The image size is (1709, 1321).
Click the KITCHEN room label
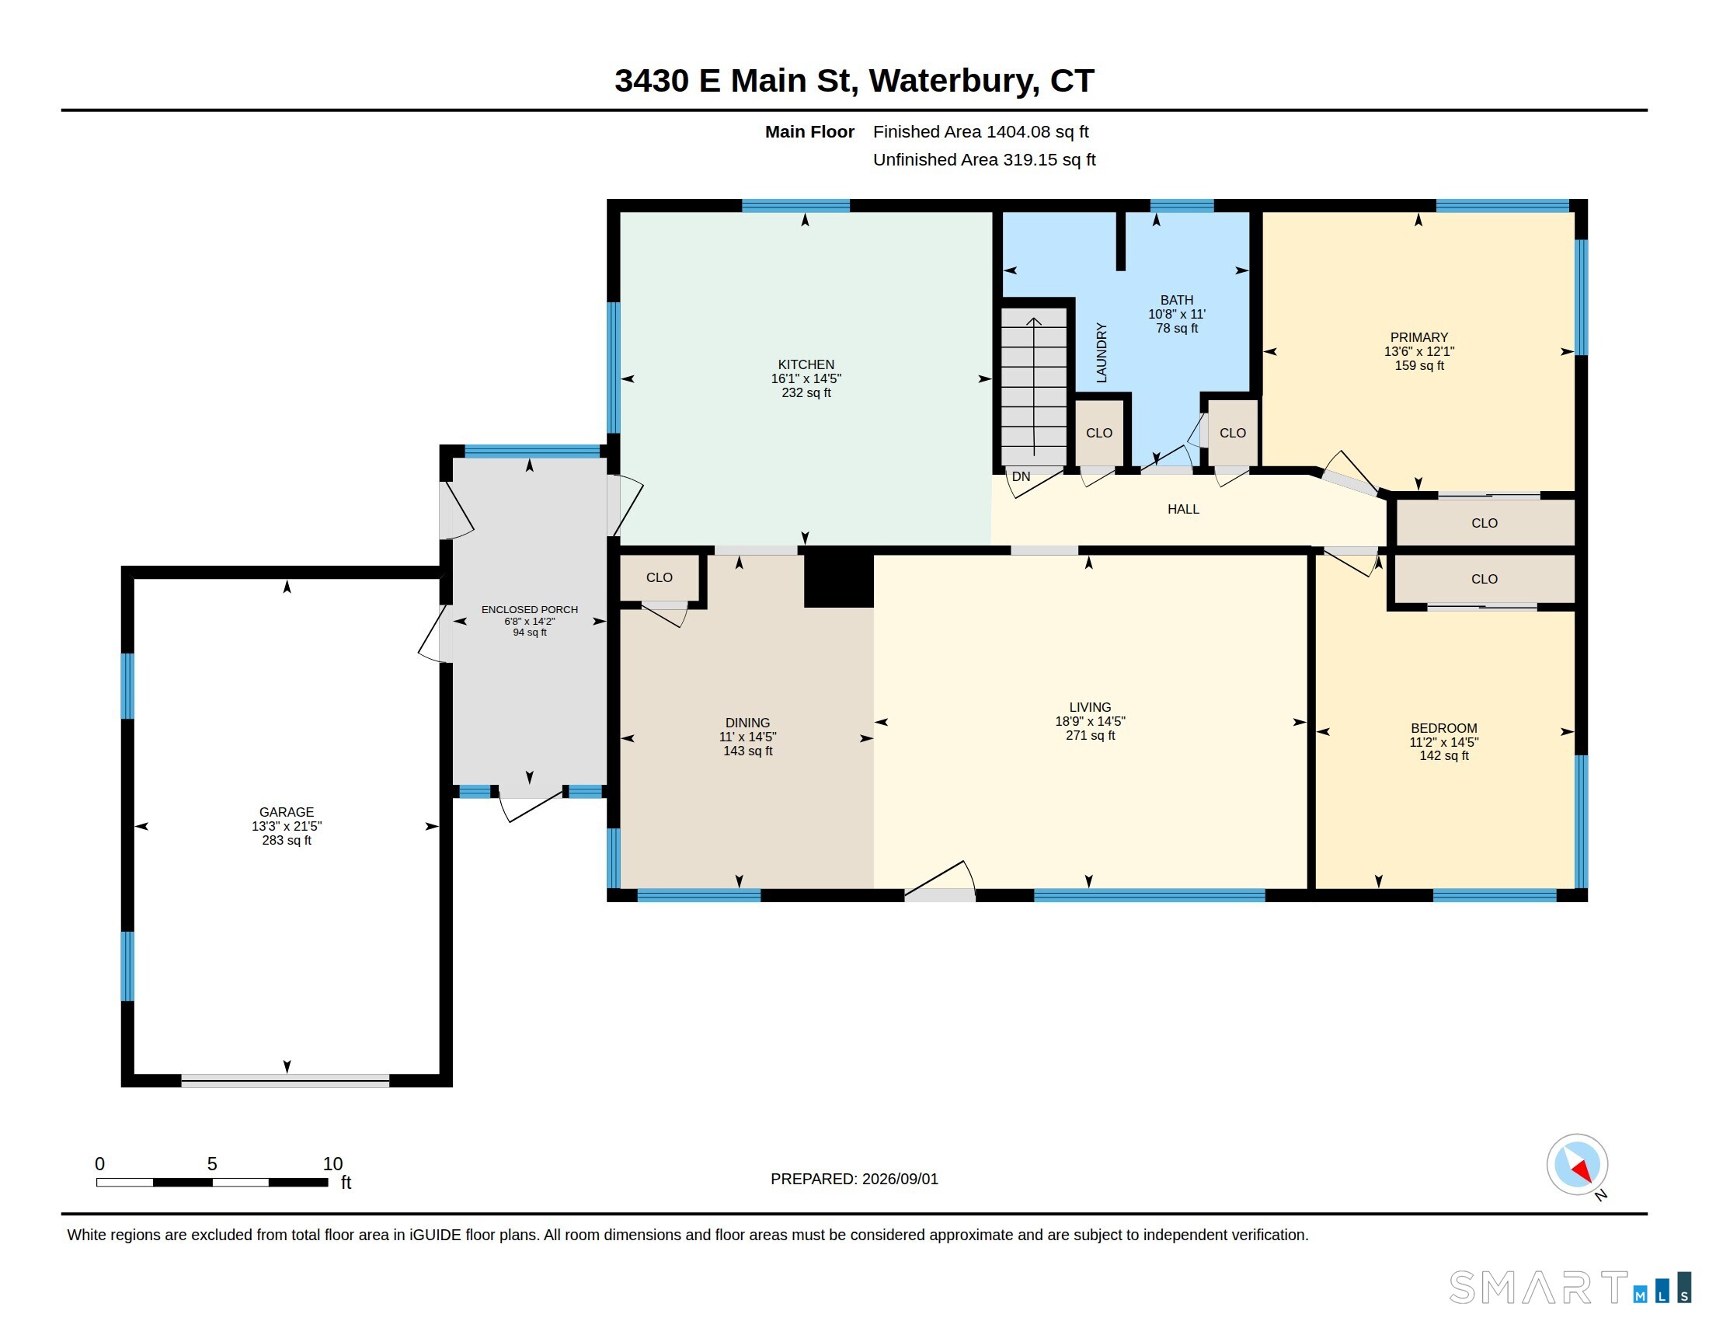pos(806,364)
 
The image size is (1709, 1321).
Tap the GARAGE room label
pos(287,812)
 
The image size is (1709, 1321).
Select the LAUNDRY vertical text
pos(1101,352)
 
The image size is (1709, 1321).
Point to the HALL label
pos(1183,510)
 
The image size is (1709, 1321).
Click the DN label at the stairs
pos(1022,476)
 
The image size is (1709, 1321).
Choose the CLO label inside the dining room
pos(659,577)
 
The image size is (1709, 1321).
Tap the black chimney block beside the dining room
pos(839,580)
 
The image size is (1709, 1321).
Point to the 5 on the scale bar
pos(212,1164)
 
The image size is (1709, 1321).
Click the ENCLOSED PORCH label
pos(530,610)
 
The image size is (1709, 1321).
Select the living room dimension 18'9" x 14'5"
pos(1090,722)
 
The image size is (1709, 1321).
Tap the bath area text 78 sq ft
pos(1177,329)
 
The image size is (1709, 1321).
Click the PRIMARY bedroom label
pos(1418,337)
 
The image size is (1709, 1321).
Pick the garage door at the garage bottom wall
pos(286,1082)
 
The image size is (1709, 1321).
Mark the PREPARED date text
pos(854,1180)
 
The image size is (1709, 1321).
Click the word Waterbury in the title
pos(954,81)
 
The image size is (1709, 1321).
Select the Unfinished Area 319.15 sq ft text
pos(984,159)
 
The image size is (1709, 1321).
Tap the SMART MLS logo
pos(1570,1288)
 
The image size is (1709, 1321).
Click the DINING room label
pos(747,723)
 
